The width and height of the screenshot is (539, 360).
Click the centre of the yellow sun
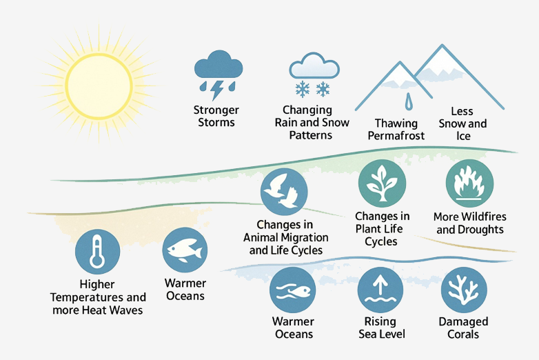click(99, 86)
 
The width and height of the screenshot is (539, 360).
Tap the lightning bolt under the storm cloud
click(217, 90)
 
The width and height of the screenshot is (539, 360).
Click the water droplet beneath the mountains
click(408, 101)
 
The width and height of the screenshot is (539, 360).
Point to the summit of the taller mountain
click(442, 45)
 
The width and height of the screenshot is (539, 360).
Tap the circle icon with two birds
click(284, 192)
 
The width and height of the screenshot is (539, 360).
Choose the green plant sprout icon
click(382, 183)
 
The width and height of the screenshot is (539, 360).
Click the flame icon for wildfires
click(469, 183)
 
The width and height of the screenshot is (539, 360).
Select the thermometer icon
click(98, 251)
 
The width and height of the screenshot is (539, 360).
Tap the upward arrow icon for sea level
click(380, 290)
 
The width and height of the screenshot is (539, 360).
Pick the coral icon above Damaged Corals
click(464, 290)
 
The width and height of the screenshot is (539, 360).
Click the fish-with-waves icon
click(292, 290)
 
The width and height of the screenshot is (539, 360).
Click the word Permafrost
click(396, 136)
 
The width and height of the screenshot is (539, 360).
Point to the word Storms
click(216, 122)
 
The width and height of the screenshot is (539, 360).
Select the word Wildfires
click(485, 217)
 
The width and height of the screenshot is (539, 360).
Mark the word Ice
click(463, 136)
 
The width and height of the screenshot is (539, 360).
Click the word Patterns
click(311, 135)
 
